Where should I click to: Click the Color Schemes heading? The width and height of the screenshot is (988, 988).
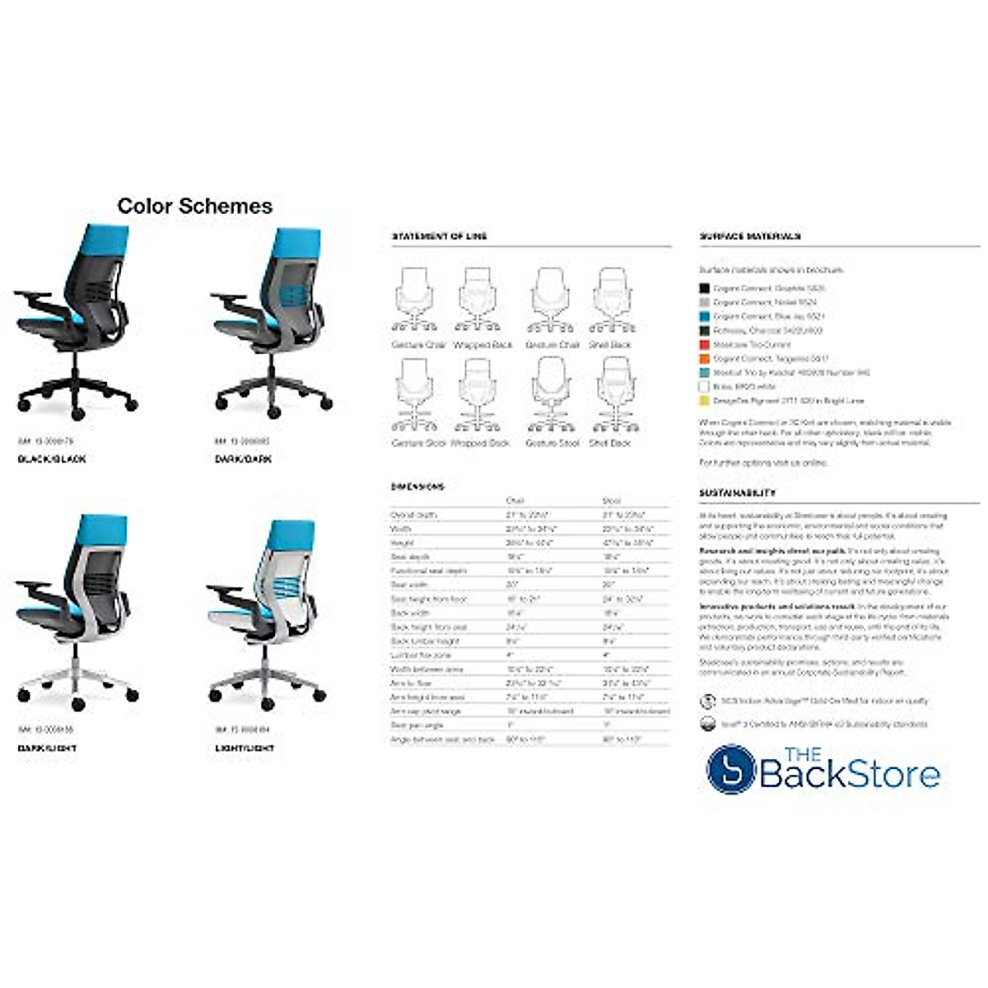[x=194, y=206]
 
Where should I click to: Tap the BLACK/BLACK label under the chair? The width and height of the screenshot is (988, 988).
[x=51, y=459]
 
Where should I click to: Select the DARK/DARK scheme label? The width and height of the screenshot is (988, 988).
[x=243, y=459]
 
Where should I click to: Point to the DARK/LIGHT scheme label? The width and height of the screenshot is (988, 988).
[x=47, y=748]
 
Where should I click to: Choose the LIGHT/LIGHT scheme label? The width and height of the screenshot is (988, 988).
[x=245, y=748]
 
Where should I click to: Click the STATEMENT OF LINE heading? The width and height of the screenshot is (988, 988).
[x=439, y=236]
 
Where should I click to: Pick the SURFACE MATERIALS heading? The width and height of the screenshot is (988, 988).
[x=750, y=236]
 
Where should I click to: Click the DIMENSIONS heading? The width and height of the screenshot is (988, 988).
[x=417, y=487]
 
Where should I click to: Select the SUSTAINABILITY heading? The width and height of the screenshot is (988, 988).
[x=738, y=492]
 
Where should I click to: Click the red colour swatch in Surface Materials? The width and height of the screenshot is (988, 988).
[x=704, y=345]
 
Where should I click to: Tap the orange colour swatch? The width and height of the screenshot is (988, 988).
[x=704, y=359]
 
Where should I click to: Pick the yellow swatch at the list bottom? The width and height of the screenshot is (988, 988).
[x=704, y=401]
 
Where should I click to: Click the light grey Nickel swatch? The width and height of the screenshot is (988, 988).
[x=704, y=303]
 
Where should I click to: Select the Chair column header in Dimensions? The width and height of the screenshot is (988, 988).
[x=515, y=501]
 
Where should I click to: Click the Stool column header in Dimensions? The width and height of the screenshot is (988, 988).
[x=612, y=501]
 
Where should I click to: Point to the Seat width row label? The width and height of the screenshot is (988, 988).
[x=409, y=585]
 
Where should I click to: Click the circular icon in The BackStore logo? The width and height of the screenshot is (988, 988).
[x=731, y=769]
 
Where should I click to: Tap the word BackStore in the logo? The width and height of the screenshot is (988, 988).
[x=849, y=775]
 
